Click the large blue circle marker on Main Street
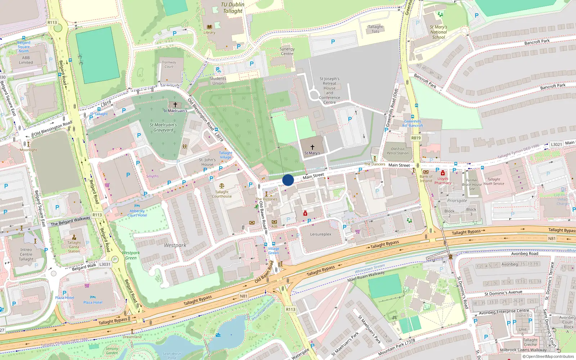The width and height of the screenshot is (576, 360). coord(288,180)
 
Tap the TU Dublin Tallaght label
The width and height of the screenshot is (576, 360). coord(232,8)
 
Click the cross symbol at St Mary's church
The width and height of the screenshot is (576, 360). coord(312,147)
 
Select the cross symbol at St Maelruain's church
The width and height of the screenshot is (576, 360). coord(175,105)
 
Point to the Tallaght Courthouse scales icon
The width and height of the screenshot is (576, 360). coord(221,186)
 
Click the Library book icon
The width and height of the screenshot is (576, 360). coord(209,27)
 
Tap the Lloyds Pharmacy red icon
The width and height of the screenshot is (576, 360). coord(443,173)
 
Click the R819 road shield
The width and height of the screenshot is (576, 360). coord(416,138)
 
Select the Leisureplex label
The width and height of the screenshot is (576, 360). coord(320,234)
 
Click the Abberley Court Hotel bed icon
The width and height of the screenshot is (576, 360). coord(137,206)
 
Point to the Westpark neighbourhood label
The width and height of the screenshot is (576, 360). coord(175,245)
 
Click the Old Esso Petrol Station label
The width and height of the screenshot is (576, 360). coord(397,151)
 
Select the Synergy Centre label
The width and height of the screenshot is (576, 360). coord(287,51)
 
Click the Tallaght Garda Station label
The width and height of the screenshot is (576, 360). coord(74,247)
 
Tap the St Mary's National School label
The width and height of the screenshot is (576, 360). coord(438,32)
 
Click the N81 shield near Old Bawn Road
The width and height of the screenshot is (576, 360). coord(244,296)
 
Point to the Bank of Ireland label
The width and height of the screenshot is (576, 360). coord(426,179)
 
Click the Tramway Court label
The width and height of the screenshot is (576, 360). coord(169,64)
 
